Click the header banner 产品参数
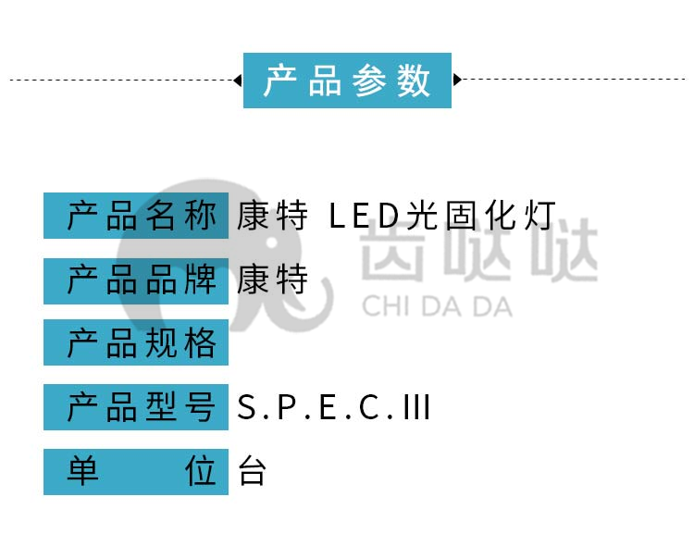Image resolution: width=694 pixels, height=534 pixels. coord(347,81)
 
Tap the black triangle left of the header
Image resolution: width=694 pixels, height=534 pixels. coord(238,81)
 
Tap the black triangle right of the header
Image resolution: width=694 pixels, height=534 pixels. coord(457,80)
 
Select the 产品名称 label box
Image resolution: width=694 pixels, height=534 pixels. coord(136,216)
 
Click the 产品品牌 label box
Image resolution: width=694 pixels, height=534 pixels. coord(136,280)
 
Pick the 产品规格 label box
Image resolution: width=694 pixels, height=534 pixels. coord(136,342)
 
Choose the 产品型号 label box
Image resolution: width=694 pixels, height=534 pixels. coord(136,407)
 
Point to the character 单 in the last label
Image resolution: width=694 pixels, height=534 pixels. coord(82,471)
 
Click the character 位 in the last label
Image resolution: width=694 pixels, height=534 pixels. coord(201,471)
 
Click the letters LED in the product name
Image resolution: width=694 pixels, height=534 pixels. coord(365,216)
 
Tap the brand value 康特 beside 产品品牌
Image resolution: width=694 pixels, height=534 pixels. coord(272,279)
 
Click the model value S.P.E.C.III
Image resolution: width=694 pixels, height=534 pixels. coord(333,407)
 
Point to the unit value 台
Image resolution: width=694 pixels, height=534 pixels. coord(252,471)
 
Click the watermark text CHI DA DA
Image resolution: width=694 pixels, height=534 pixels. coord(438,306)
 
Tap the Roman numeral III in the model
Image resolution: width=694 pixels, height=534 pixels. coord(416,407)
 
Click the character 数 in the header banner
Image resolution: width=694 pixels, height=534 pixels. coord(414,81)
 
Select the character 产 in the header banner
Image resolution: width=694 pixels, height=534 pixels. coord(280,81)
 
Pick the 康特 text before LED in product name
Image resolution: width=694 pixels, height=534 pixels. coord(272,216)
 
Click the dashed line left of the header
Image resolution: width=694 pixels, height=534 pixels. coord(121,81)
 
